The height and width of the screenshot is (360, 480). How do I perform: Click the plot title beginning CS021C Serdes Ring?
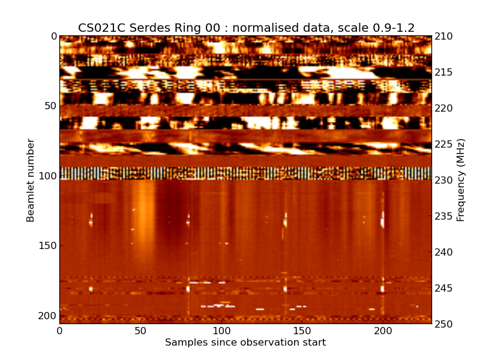coord(246,28)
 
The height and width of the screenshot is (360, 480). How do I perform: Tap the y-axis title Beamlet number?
coord(31,180)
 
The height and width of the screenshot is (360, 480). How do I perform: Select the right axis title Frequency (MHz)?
coord(461,180)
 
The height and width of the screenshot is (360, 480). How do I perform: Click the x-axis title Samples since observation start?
coord(245,343)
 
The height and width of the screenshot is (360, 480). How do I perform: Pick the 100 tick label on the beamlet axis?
coord(47,176)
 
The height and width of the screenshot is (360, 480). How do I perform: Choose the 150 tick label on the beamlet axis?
coord(47,246)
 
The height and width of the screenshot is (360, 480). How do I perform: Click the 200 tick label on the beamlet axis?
coord(47,316)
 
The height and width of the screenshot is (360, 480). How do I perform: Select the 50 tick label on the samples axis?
coord(140,331)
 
